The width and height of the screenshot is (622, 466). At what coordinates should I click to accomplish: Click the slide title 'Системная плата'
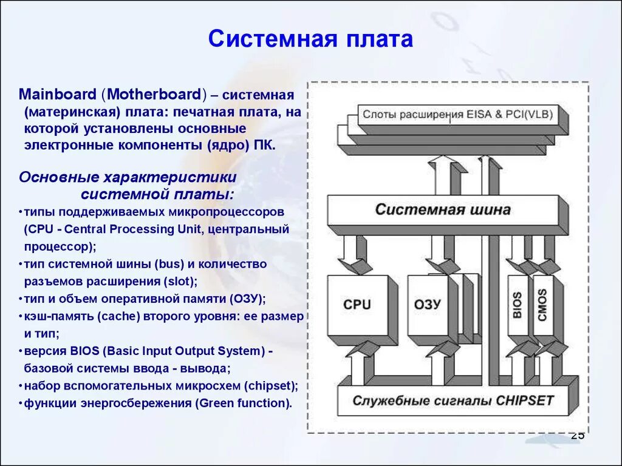pos(310,39)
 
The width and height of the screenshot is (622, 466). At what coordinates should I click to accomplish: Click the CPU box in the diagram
pos(357,305)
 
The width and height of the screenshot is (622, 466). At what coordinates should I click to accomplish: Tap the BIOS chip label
pos(516,305)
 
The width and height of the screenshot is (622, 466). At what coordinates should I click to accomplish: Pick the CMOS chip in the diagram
pos(542,305)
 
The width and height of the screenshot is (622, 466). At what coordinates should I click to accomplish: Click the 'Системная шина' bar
pos(443,210)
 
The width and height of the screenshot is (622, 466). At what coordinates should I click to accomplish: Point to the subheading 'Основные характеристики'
pos(127,177)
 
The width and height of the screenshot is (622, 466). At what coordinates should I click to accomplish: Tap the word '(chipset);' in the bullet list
pos(270,386)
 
